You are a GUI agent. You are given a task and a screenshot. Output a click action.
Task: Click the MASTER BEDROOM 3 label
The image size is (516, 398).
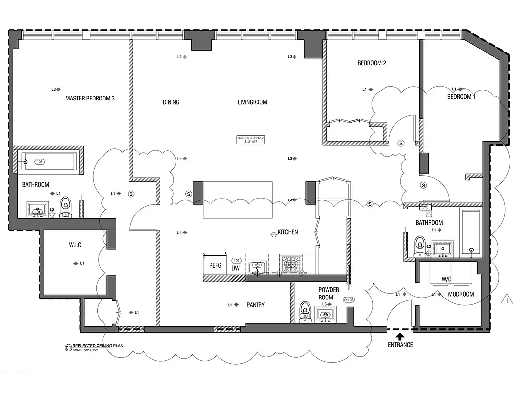pos(90,99)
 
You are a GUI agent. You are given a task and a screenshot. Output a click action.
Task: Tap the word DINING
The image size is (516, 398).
pos(171,102)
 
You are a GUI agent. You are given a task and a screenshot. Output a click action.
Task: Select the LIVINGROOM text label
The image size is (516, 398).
pos(252,102)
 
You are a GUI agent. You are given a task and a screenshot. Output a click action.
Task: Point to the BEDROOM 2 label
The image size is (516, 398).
pos(372,63)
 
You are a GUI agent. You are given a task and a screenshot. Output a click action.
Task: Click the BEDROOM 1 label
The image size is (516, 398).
pos(461,97)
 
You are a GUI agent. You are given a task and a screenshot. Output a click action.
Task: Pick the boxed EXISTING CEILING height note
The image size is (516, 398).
pos(251,140)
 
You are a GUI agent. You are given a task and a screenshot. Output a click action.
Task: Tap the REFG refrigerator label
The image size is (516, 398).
pos(215,266)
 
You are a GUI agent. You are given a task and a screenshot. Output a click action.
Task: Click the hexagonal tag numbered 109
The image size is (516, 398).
pos(237,260)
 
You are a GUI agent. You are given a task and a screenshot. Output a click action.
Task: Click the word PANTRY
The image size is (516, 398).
pos(255,305)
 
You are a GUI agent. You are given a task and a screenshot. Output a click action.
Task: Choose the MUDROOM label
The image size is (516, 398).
pos(461,294)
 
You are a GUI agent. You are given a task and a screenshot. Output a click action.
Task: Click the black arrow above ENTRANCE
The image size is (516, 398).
pos(400,337)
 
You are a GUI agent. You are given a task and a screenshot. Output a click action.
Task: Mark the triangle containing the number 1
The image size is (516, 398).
pos(506,300)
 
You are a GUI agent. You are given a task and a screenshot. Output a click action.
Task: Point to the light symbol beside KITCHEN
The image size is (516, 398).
pos(273,234)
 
